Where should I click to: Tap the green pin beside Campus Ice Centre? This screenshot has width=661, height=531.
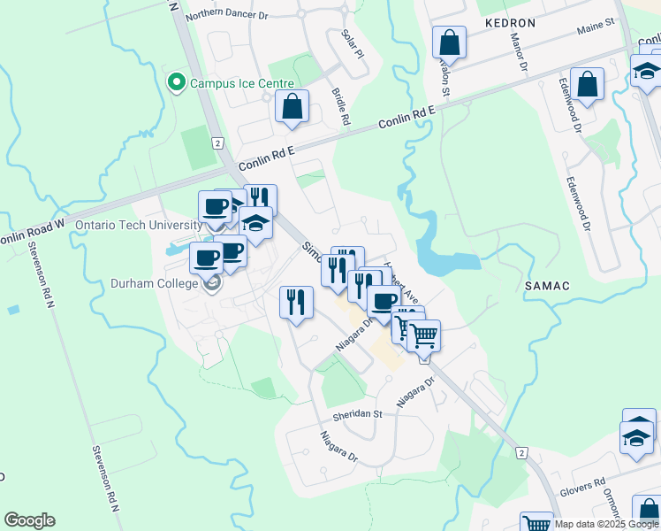(x=176, y=83)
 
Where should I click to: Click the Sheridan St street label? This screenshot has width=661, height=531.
(x=356, y=413)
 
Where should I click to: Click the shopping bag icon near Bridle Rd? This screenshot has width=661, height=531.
(x=292, y=108)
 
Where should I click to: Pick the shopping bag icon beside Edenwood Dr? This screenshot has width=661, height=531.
(x=587, y=85)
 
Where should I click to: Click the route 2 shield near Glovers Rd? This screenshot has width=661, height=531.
(x=522, y=453)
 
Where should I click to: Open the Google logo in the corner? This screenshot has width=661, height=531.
(x=29, y=520)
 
